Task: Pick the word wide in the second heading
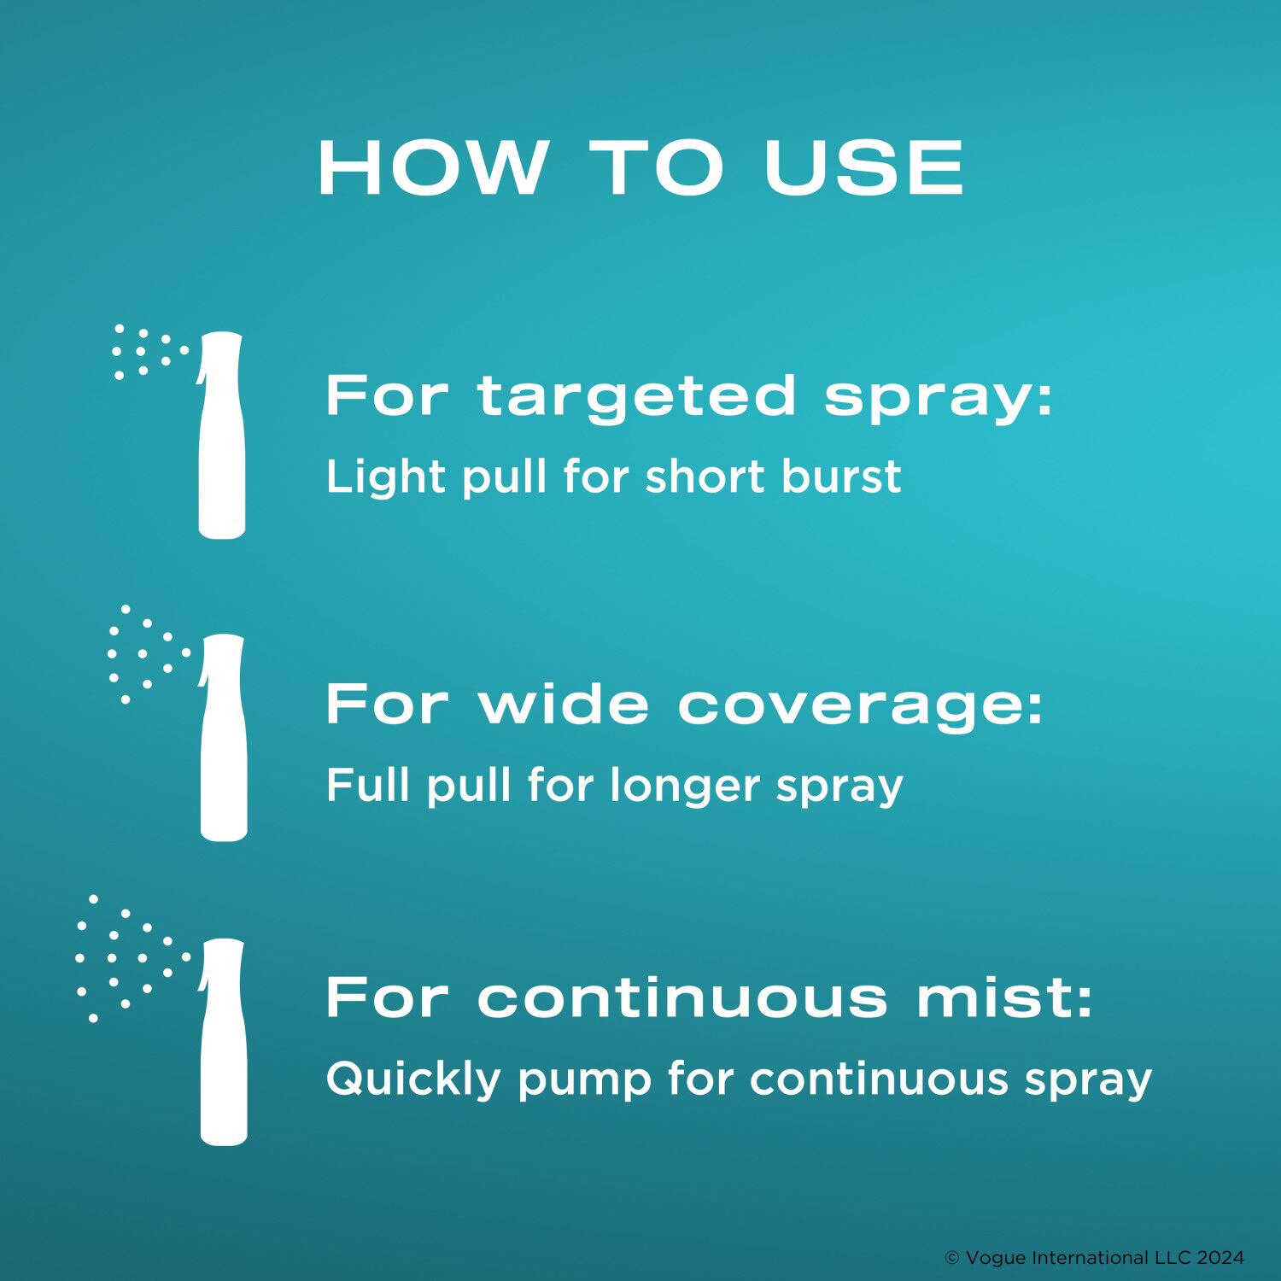click(x=564, y=705)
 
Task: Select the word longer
click(x=684, y=786)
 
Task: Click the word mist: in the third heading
click(x=1004, y=997)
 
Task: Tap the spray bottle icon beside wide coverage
click(x=223, y=738)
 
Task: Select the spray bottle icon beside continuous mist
click(x=223, y=1042)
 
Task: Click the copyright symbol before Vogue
click(x=952, y=1258)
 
